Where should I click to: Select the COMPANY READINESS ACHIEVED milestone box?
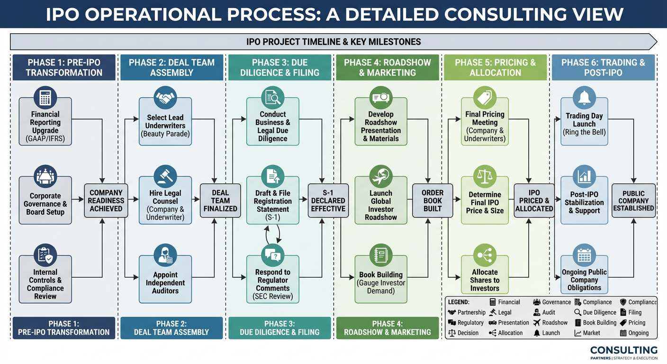pyautogui.click(x=106, y=200)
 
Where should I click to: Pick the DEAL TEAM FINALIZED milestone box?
pyautogui.click(x=220, y=200)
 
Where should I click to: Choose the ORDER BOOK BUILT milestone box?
pyautogui.click(x=433, y=200)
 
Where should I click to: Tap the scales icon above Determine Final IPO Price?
pyautogui.click(x=485, y=176)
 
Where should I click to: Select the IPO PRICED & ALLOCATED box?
pyautogui.click(x=534, y=200)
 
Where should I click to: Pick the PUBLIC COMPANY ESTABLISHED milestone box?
pyautogui.click(x=633, y=200)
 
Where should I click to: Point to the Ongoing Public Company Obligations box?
pyautogui.click(x=584, y=280)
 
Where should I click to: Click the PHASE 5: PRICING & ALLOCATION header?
pyautogui.click(x=495, y=67)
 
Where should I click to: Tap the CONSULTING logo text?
pyautogui.click(x=623, y=350)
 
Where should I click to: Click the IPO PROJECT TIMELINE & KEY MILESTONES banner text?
pyautogui.click(x=333, y=42)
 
